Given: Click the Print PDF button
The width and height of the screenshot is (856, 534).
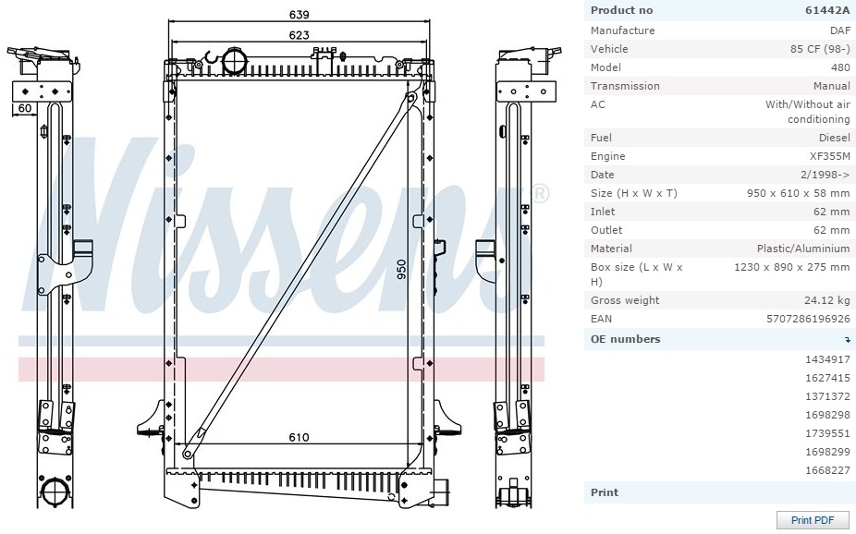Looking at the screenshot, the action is [813, 520].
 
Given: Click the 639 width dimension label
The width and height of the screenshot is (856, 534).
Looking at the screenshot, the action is [300, 14].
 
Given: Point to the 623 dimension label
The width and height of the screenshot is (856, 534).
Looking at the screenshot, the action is [300, 35].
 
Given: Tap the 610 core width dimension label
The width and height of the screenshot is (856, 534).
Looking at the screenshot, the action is [300, 437].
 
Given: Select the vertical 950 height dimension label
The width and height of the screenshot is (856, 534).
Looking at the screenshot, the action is [401, 270].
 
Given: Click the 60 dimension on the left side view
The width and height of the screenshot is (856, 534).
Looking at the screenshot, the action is [25, 108].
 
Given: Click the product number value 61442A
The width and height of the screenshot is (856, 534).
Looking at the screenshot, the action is [827, 10].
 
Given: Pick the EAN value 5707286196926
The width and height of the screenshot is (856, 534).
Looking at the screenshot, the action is [809, 319].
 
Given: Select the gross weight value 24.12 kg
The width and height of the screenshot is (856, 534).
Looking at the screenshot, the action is [827, 300].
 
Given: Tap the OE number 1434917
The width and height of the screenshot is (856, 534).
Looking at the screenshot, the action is [827, 358].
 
